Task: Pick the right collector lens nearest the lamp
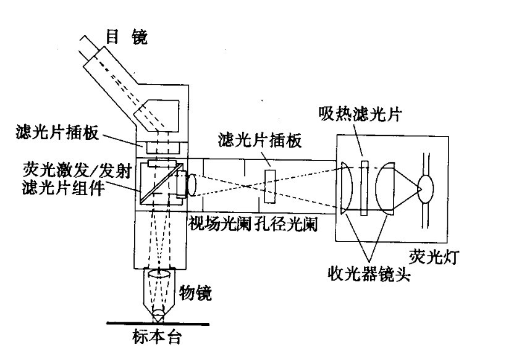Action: [x=387, y=187]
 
